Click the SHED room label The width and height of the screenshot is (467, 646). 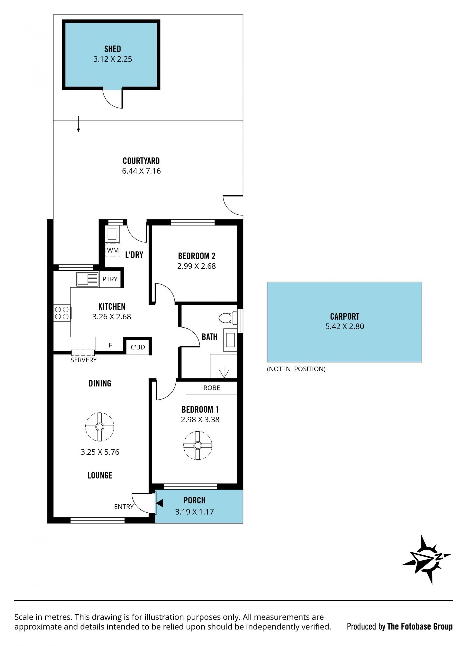113,49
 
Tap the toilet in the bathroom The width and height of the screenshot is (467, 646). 228,318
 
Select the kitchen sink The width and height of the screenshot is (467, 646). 88,279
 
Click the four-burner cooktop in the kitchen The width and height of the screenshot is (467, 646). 62,313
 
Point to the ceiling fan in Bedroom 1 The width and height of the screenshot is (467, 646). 198,445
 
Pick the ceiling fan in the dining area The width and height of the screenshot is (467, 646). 100,427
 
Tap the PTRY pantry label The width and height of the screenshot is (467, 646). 110,279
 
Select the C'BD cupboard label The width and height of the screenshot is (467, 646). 138,347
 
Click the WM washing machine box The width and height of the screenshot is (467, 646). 113,250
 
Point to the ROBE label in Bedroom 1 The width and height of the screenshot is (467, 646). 212,388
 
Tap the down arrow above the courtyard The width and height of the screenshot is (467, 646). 78,124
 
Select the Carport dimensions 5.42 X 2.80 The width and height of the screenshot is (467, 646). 345,326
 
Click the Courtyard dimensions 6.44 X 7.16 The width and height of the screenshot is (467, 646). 141,171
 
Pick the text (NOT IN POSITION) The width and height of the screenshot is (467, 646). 296,369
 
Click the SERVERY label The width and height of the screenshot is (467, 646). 83,360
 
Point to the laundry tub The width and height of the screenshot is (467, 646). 112,234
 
